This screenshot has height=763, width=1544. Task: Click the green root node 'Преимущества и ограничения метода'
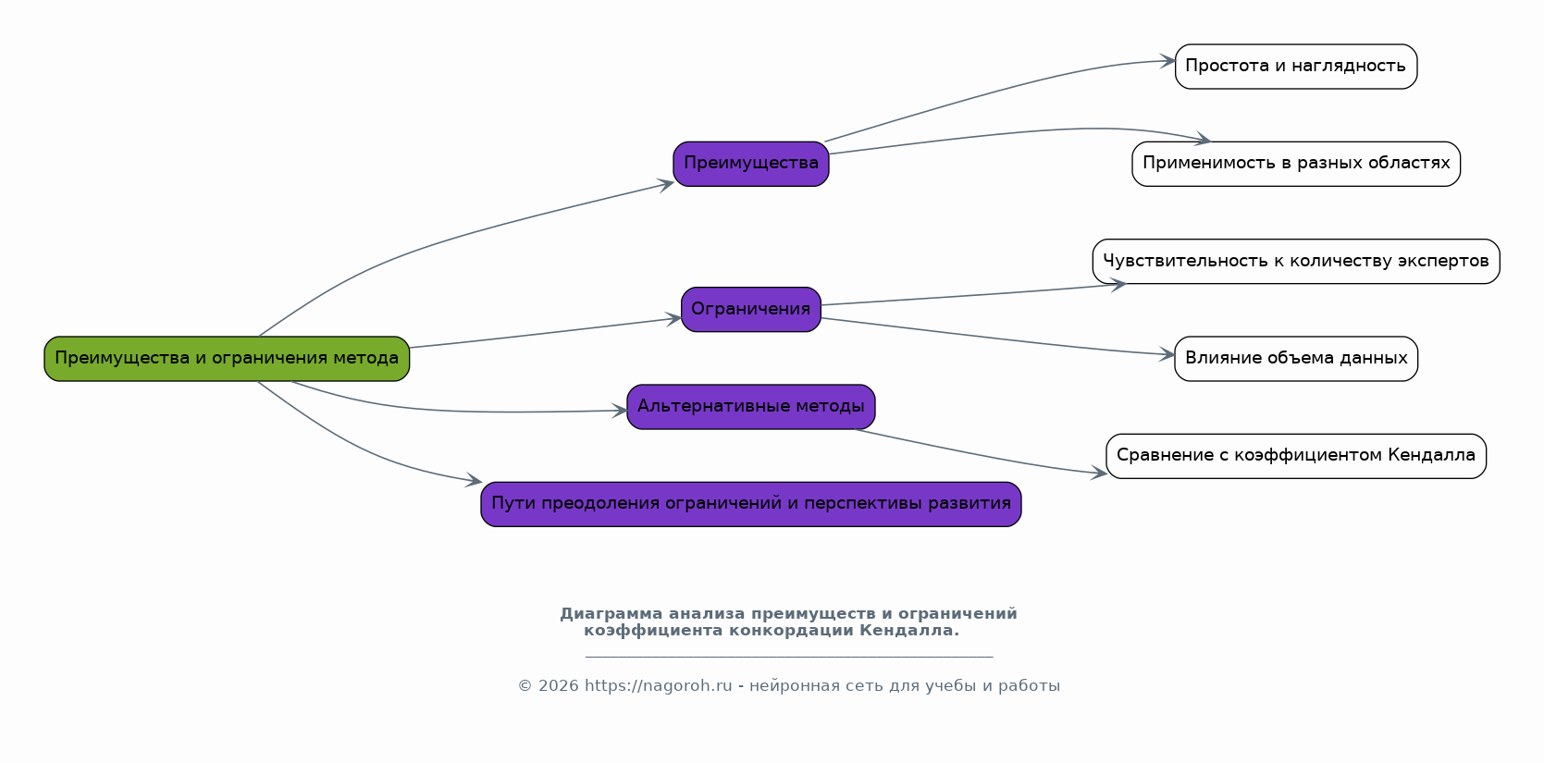(227, 359)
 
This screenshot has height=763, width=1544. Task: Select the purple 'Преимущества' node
(751, 164)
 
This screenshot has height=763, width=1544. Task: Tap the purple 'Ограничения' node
(751, 310)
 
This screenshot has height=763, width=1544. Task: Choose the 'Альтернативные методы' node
(751, 407)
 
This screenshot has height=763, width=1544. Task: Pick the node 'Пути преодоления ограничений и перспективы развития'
(751, 504)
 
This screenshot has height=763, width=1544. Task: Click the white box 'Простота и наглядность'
(1295, 67)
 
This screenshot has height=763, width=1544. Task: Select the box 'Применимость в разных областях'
(1295, 164)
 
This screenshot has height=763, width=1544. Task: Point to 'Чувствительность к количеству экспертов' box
(1295, 262)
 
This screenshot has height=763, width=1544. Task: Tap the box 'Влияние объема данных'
(1295, 359)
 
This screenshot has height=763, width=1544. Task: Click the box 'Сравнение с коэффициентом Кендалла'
(1295, 456)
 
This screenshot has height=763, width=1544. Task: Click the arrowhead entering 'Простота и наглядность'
(1168, 62)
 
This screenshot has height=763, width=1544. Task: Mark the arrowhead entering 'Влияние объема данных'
(1167, 354)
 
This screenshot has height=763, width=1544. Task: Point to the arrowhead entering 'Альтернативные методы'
(620, 411)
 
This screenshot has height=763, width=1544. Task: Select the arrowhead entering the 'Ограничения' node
(674, 319)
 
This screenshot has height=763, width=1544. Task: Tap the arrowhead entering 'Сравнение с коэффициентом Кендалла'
(1099, 474)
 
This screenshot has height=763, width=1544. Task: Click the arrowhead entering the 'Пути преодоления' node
(475, 481)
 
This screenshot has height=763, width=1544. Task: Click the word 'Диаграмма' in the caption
(611, 614)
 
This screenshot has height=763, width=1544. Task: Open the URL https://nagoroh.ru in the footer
(658, 686)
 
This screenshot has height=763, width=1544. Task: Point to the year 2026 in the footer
(559, 686)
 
